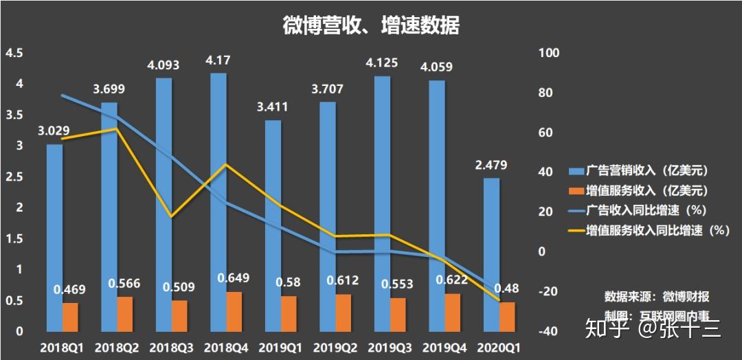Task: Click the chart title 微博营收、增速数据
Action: (x=371, y=25)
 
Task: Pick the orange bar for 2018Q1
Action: (x=71, y=317)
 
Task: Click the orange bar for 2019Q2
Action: (x=344, y=313)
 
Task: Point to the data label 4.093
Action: (x=164, y=66)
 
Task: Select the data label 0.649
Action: (x=234, y=278)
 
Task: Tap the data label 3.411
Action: (x=273, y=107)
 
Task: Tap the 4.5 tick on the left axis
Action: (x=14, y=53)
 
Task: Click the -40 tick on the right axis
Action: (x=550, y=331)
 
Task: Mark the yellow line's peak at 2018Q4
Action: (x=225, y=164)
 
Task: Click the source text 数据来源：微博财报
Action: (x=656, y=297)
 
